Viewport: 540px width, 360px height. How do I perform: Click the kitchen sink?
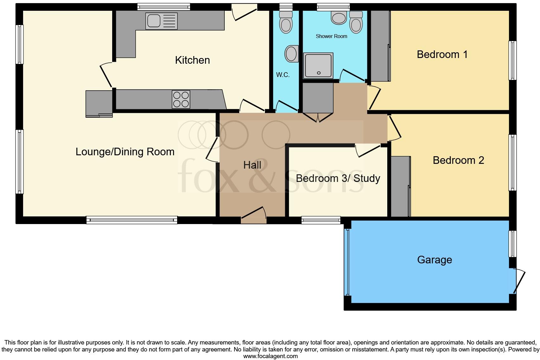point(161,21)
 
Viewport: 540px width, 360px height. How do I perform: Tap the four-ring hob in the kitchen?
point(181,99)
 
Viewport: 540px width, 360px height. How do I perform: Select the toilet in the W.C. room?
point(286,22)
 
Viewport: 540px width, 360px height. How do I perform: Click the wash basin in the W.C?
point(292,54)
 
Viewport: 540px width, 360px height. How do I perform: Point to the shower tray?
point(318,65)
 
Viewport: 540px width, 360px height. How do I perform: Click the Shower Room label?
point(331,36)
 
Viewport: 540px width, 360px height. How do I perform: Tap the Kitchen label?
point(192,60)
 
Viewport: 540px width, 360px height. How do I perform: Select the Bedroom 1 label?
point(442,54)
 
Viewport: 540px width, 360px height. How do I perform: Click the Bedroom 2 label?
point(458,160)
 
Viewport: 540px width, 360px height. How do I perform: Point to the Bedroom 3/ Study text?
point(338,178)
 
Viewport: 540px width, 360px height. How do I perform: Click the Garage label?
point(434,260)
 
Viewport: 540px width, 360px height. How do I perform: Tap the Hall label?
point(252,165)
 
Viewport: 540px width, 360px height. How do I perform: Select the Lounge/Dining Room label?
point(125,151)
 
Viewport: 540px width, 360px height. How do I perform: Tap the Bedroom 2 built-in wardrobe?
point(400,186)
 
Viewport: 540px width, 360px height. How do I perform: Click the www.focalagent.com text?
point(270,356)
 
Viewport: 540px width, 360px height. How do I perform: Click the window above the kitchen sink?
point(164,6)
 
